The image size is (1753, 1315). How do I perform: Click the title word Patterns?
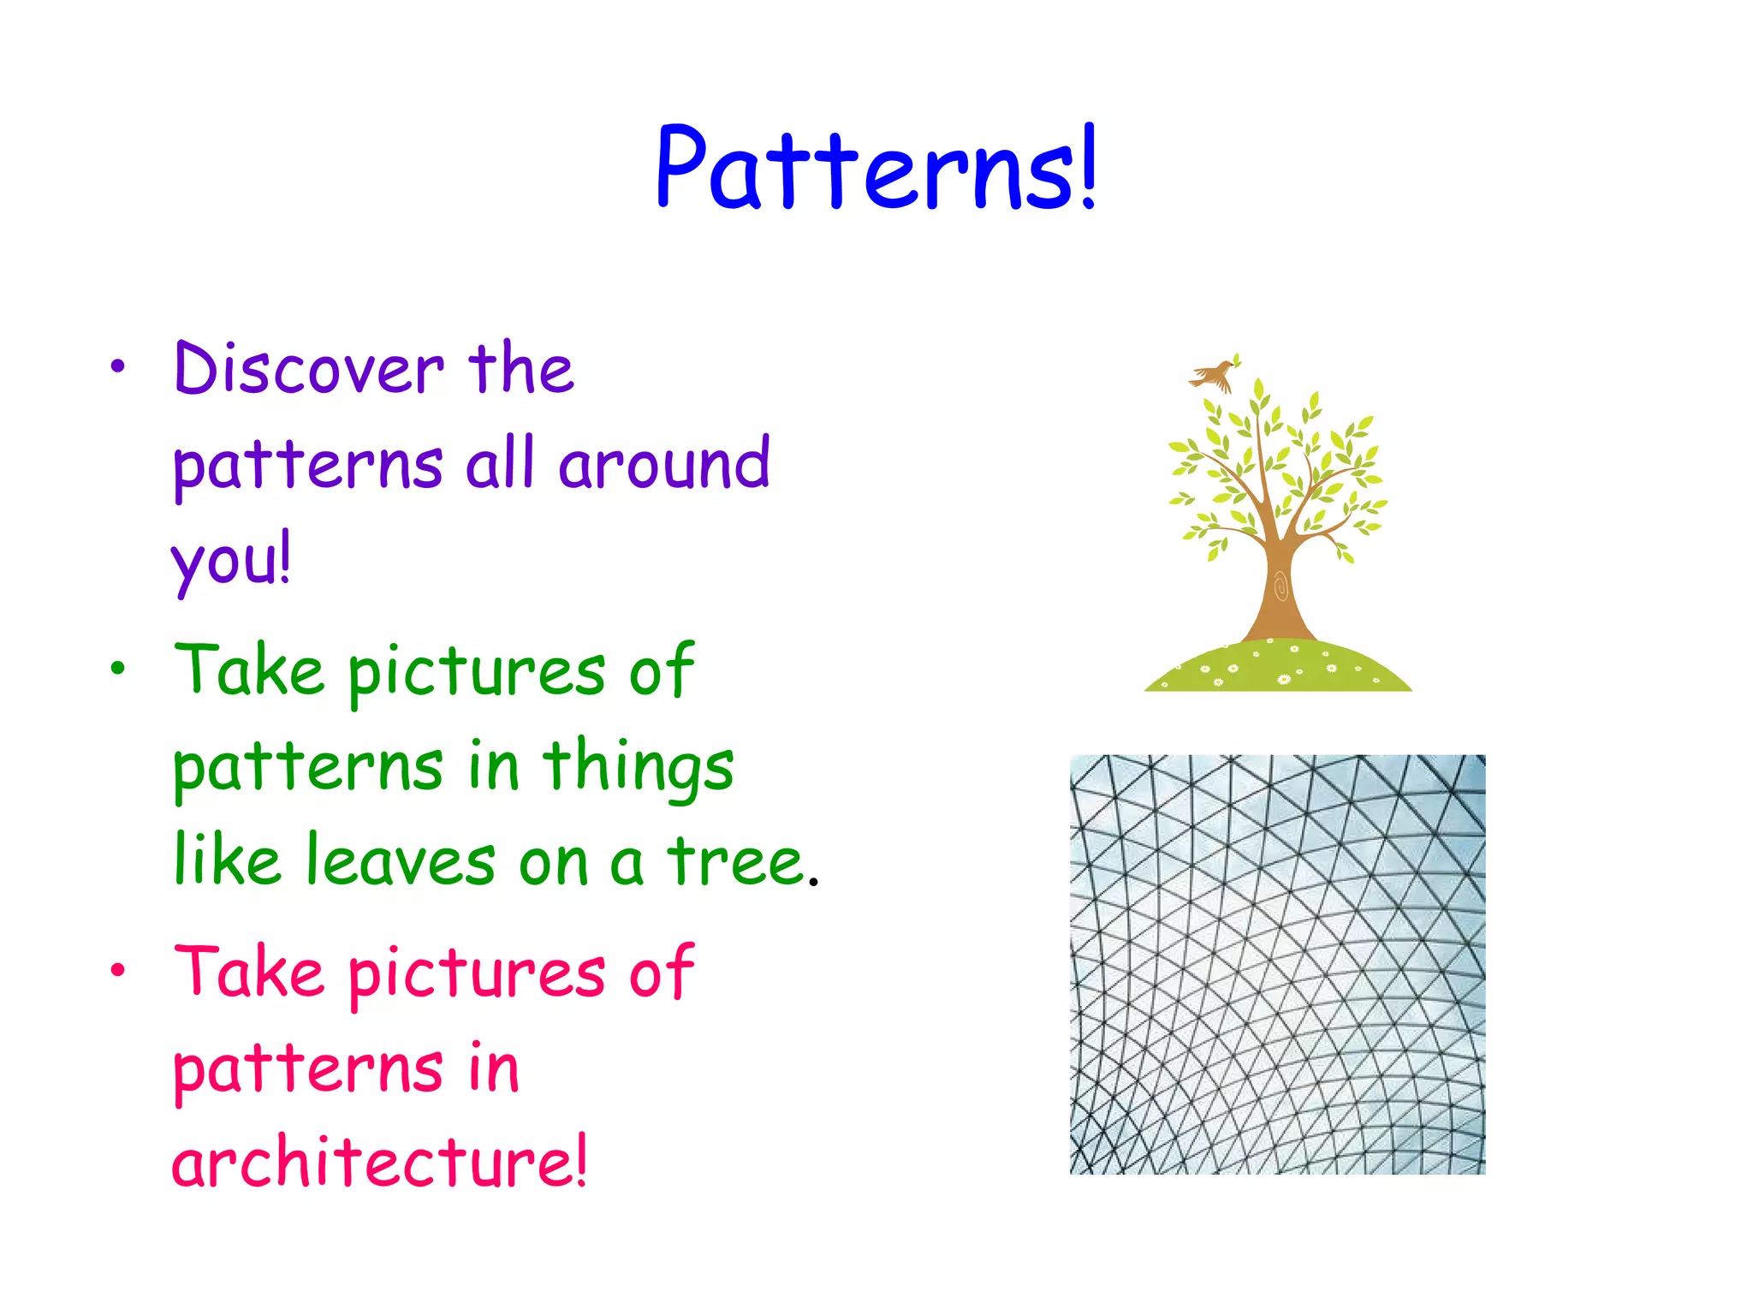click(x=875, y=168)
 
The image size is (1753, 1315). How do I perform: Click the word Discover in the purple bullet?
click(x=309, y=369)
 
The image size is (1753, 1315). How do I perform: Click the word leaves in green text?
click(x=401, y=860)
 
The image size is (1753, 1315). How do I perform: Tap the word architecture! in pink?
click(x=380, y=1162)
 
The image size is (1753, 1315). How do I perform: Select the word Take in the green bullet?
click(x=249, y=670)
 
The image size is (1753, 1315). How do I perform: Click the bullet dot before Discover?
click(x=117, y=367)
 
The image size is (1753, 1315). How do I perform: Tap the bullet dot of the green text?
click(x=117, y=669)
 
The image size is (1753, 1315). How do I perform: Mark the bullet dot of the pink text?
click(x=117, y=970)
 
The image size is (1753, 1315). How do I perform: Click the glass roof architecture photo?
click(x=1277, y=964)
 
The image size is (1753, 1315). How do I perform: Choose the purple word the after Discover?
click(x=521, y=369)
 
